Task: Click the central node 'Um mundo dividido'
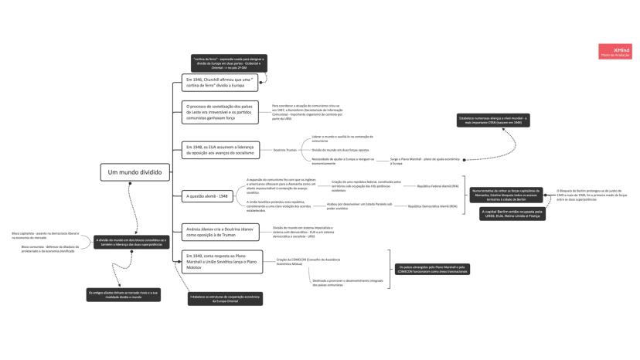click(134, 172)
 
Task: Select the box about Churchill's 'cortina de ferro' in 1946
click(220, 83)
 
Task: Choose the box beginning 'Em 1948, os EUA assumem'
click(220, 150)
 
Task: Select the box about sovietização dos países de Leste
click(220, 112)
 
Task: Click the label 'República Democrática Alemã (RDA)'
click(433, 207)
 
